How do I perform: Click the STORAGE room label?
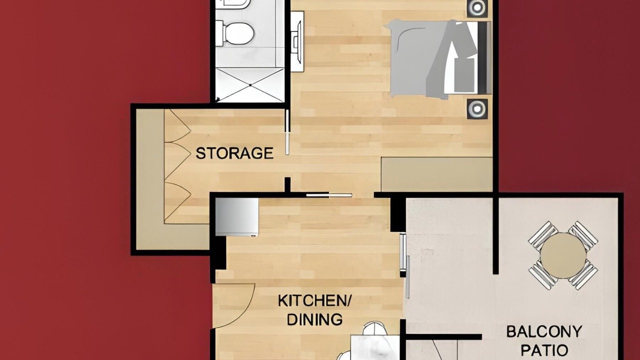[x=234, y=153]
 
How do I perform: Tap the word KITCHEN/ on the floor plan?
[x=315, y=301]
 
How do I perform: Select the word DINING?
[x=314, y=319]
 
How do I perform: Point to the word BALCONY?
[x=544, y=331]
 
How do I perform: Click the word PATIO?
[x=544, y=350]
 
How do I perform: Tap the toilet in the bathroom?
[x=235, y=33]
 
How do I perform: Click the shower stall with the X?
[x=250, y=85]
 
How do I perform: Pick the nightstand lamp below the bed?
[x=477, y=108]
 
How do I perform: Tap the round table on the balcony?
[x=563, y=255]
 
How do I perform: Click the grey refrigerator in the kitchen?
[x=237, y=217]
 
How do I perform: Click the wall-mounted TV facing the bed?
[x=297, y=41]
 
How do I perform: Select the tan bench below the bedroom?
[x=437, y=174]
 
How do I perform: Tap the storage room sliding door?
[x=287, y=132]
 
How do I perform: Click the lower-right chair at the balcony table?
[x=583, y=275]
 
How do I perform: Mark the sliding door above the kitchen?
[x=329, y=195]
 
